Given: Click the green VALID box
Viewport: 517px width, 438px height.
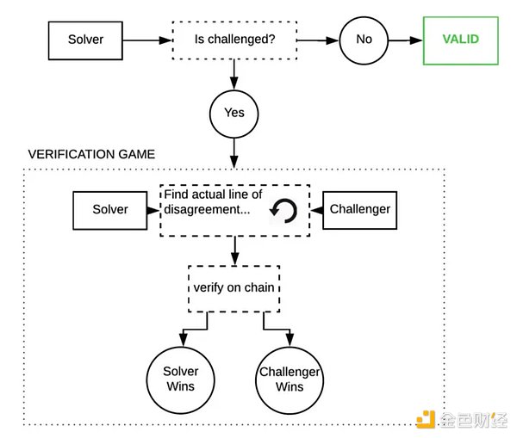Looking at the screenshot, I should click(x=460, y=40).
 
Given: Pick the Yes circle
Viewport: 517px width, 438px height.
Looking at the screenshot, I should click(x=234, y=113).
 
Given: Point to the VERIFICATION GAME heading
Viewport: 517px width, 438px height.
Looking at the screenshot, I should click(x=91, y=155).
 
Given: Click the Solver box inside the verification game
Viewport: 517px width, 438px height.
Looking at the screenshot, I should click(x=109, y=209).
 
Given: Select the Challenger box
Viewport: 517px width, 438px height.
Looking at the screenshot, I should click(x=359, y=209).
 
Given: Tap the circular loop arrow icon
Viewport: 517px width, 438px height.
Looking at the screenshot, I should click(x=283, y=210).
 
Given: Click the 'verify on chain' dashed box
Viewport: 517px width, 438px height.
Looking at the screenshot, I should click(x=234, y=287).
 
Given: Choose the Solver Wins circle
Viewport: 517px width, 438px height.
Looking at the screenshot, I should click(x=181, y=379).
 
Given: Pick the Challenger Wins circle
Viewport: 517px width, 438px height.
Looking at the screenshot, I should click(x=290, y=379).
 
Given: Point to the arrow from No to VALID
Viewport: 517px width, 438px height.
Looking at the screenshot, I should click(x=405, y=40).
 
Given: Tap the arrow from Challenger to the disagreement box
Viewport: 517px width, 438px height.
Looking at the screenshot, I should click(x=315, y=209).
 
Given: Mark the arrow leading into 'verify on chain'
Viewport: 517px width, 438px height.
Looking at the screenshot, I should click(x=234, y=251).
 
